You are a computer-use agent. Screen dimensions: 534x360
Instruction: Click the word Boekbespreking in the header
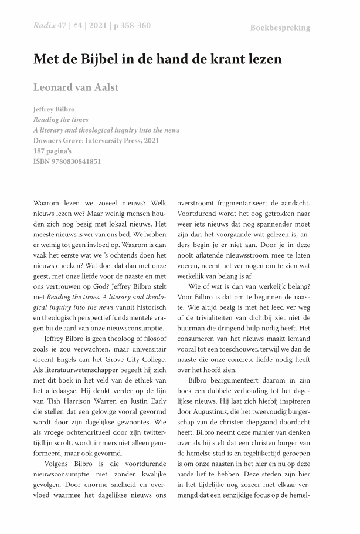280,28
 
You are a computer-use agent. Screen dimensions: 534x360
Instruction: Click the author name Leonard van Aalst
76,87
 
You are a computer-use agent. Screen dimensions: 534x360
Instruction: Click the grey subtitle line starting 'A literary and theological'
106,130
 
